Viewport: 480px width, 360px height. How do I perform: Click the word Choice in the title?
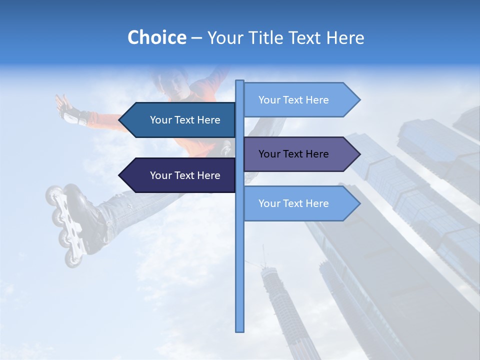[156, 37]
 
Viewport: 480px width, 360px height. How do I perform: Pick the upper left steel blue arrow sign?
[180, 120]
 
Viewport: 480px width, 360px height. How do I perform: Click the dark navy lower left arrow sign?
[180, 175]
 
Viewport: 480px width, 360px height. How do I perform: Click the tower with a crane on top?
[280, 305]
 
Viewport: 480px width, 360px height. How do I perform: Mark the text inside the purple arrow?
[293, 154]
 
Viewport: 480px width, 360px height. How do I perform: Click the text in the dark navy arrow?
[185, 175]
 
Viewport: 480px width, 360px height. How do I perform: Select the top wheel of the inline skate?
[53, 193]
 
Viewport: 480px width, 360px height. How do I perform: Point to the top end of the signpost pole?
[240, 82]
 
